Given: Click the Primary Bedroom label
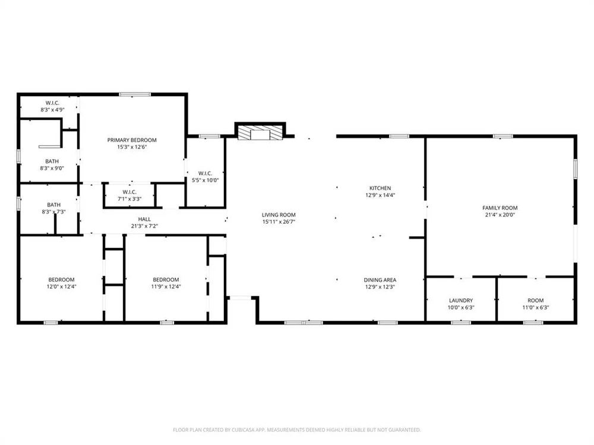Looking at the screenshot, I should [x=132, y=140].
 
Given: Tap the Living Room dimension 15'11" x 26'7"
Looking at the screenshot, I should [x=279, y=222].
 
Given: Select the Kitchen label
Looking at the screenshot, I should [x=380, y=188].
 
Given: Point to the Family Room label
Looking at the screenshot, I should [x=500, y=208].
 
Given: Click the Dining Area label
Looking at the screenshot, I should [x=380, y=280].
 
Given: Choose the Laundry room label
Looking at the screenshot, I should [x=460, y=300].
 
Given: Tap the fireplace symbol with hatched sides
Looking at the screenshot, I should [x=260, y=133].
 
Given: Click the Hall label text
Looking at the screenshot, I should [x=144, y=219].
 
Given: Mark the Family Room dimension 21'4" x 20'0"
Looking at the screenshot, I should [x=500, y=215].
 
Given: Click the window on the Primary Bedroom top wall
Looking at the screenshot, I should [x=134, y=94].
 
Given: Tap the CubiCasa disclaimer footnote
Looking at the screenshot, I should [x=297, y=430].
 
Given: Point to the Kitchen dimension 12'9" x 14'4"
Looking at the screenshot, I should [x=380, y=195].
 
